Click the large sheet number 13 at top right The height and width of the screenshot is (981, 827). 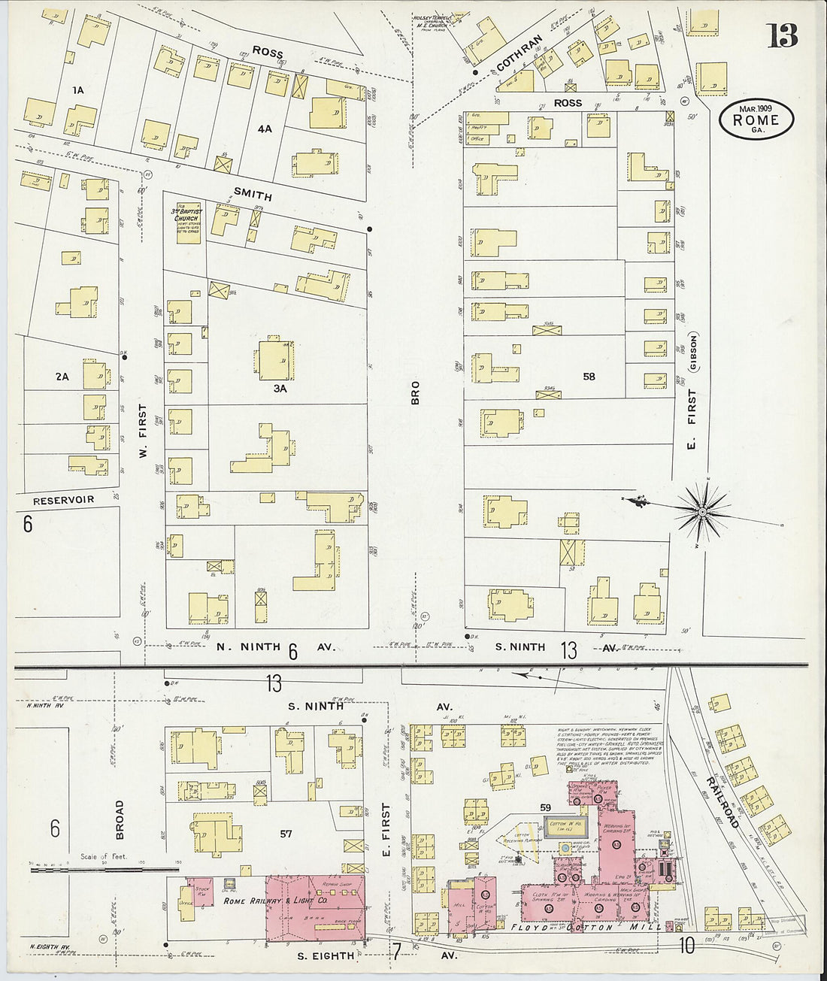point(782,35)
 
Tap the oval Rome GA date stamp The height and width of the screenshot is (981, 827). point(756,120)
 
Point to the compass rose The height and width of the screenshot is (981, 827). point(701,512)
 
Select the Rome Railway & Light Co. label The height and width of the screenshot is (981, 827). point(274,901)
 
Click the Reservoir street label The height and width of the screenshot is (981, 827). point(64,500)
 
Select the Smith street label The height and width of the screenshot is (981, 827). point(253,194)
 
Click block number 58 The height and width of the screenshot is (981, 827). point(589,376)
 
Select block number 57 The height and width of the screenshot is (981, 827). point(286,834)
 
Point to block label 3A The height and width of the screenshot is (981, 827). point(280,389)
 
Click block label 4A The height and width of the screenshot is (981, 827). point(264,129)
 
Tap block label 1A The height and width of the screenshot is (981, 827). point(78,90)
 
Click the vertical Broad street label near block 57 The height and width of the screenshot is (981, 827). point(119,819)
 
